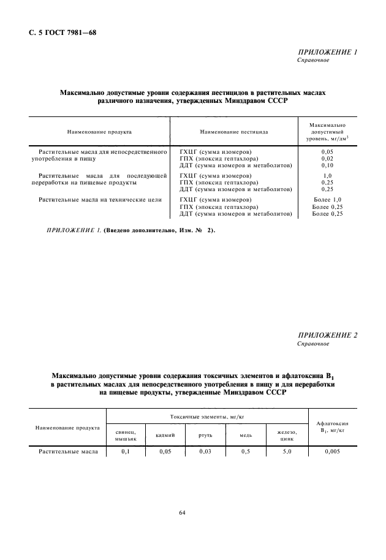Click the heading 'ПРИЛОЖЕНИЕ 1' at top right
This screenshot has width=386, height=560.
(x=327, y=53)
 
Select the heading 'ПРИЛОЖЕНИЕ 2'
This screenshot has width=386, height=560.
(x=327, y=335)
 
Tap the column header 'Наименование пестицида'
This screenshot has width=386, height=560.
(x=234, y=132)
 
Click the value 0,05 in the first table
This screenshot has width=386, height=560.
(x=328, y=150)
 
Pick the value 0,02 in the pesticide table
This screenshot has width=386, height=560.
(x=328, y=157)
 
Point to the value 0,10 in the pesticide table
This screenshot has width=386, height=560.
(x=328, y=165)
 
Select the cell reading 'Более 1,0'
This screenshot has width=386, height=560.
(x=327, y=200)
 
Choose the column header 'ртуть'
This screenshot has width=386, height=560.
(x=205, y=435)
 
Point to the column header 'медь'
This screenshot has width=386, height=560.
(x=246, y=435)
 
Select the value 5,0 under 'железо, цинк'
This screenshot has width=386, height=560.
(x=287, y=452)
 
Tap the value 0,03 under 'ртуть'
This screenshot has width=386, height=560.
(x=205, y=452)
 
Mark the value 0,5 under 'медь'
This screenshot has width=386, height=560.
(x=246, y=452)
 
